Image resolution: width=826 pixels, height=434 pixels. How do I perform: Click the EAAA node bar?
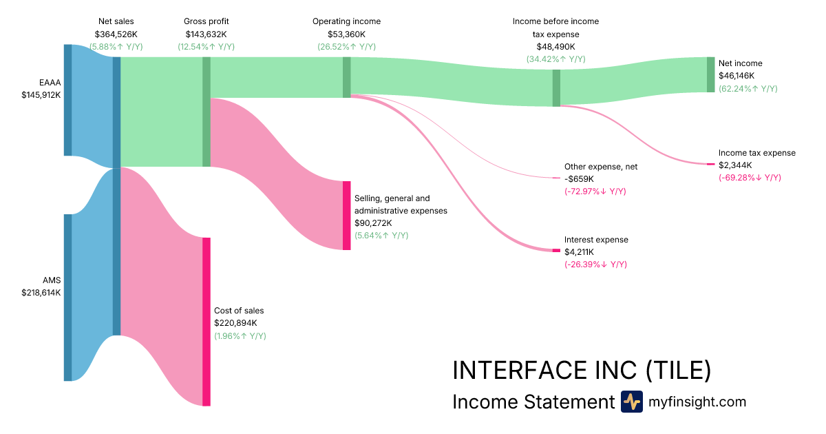point(67,100)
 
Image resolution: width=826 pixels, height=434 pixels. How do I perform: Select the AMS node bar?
point(67,297)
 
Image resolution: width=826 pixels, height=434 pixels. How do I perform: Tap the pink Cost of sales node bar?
point(206,322)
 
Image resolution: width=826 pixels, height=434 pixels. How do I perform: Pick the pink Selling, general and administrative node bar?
point(346,216)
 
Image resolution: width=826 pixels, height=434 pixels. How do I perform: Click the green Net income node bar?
point(711,74)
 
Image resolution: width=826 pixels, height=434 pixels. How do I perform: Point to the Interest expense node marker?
point(556,250)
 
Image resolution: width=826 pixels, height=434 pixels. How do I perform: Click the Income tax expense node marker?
point(711,164)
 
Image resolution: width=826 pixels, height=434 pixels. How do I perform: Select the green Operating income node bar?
point(346,77)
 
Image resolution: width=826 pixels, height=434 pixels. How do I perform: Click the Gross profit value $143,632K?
point(206,34)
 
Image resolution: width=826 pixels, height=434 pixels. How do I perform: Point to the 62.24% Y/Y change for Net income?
point(748,89)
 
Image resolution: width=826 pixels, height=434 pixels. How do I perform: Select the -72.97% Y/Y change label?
point(595,191)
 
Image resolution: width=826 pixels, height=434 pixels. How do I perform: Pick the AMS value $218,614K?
point(41,293)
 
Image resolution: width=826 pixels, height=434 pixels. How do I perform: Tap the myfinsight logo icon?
point(631,402)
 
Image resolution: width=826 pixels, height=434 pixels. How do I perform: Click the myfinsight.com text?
point(697,402)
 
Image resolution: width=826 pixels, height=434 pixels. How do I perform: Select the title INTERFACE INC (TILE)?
point(582,371)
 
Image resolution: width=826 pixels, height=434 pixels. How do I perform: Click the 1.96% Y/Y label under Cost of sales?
point(240,336)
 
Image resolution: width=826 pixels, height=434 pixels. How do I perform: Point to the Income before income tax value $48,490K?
point(555,47)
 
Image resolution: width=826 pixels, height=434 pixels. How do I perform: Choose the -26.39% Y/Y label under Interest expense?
point(595,265)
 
